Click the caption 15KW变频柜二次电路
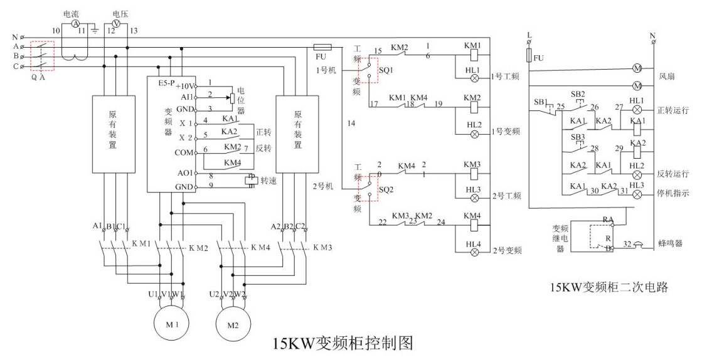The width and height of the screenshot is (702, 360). tap(609, 288)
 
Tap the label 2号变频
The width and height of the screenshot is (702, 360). tap(508, 251)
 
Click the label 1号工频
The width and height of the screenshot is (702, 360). tap(506, 77)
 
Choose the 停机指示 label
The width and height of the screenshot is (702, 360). tap(673, 194)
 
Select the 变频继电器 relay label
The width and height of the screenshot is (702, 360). tap(560, 238)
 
